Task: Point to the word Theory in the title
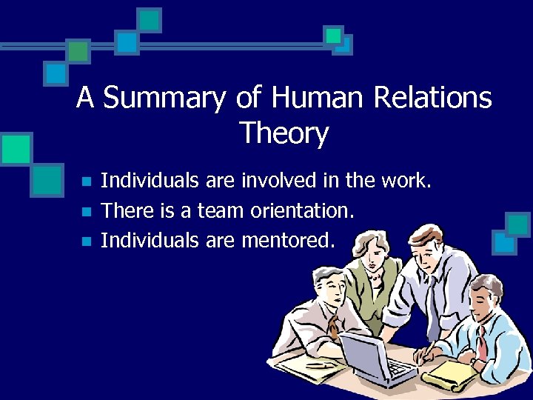[284, 134]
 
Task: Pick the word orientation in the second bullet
[301, 210]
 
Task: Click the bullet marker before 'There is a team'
[86, 212]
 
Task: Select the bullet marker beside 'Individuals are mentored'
[86, 241]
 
